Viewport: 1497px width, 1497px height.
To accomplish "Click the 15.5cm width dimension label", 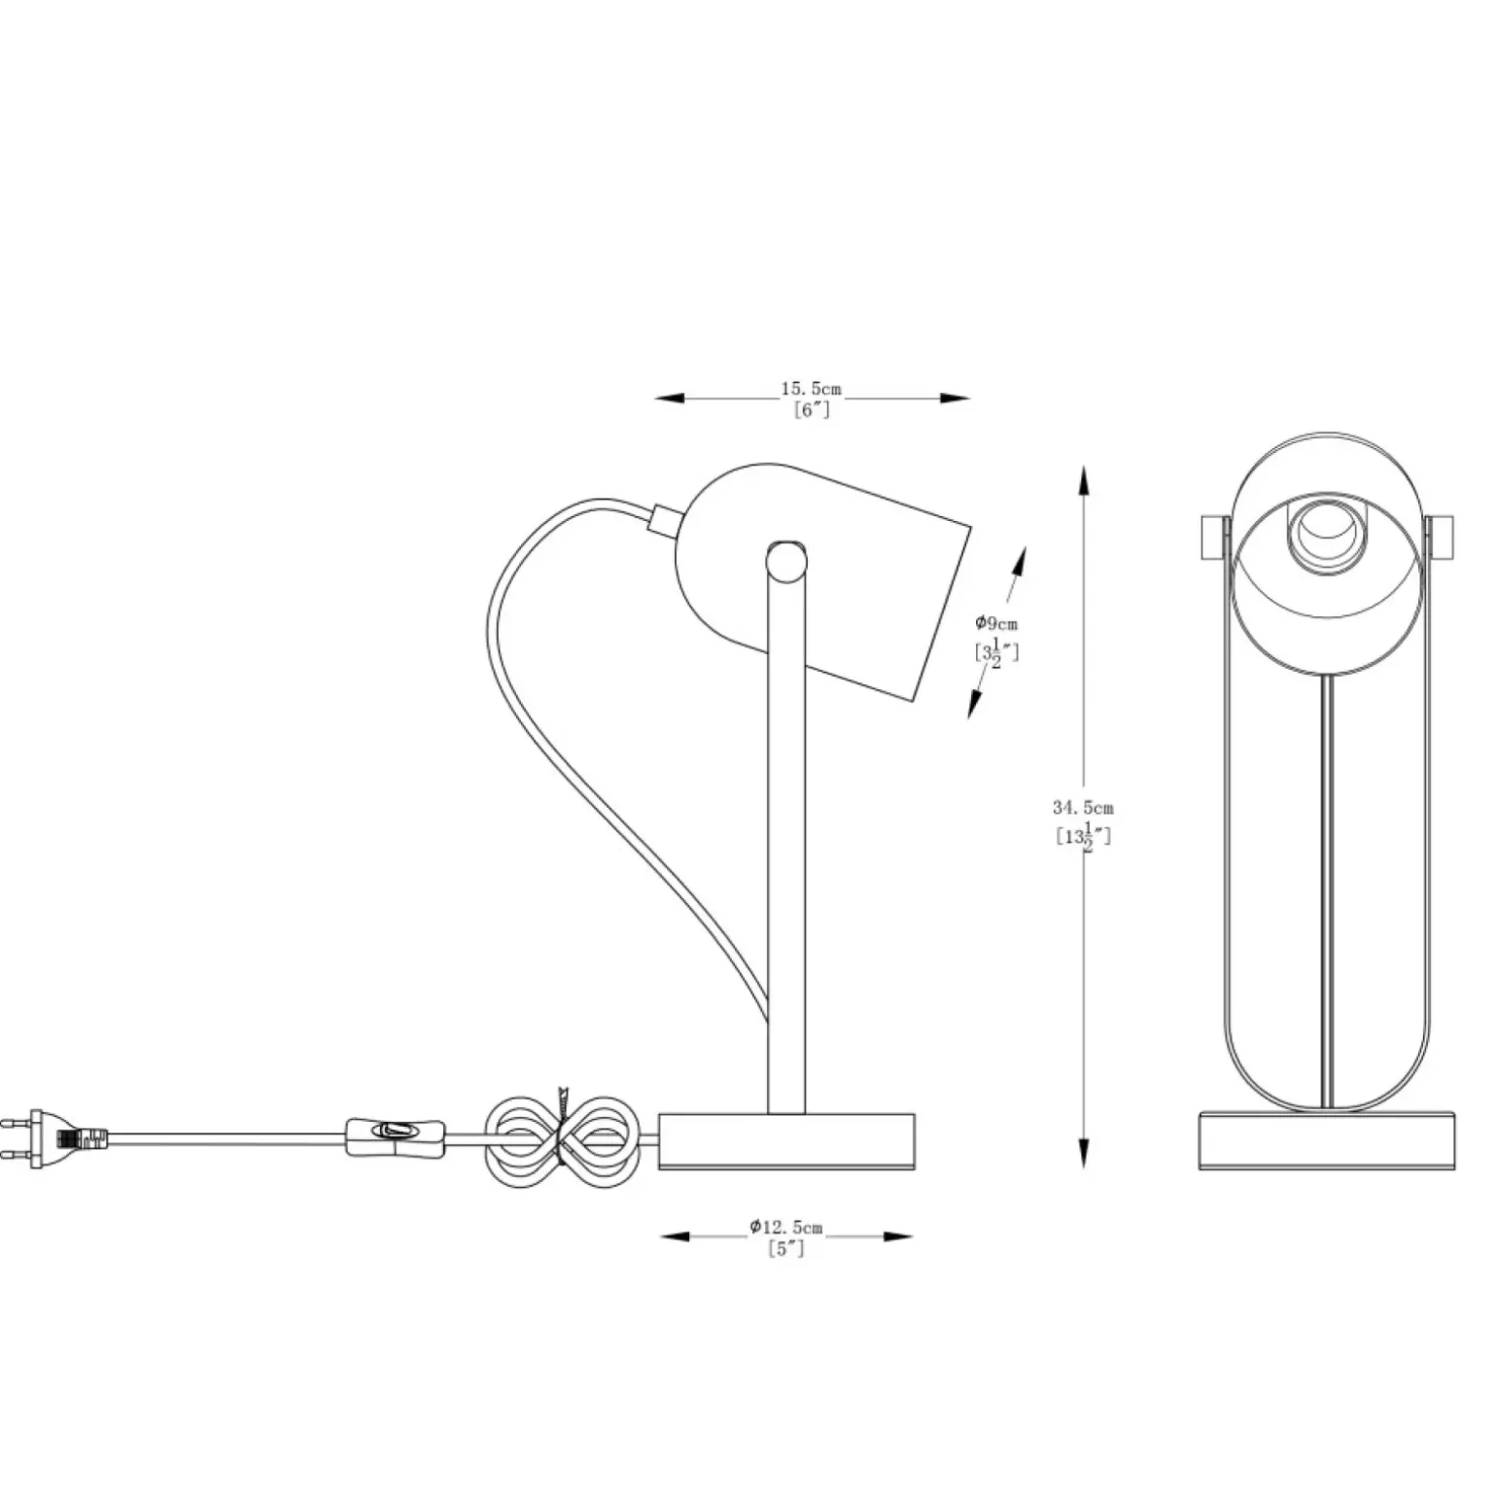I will point(811,390).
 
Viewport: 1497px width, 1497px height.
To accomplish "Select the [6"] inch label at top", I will point(812,409).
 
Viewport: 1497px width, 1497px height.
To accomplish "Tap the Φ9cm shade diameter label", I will point(996,623).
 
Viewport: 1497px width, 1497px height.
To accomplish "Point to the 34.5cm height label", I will point(1083,807).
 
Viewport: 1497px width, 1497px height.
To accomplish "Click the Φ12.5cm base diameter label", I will point(785,1228).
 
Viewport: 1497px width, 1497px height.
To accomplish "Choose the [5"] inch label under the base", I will point(786,1249).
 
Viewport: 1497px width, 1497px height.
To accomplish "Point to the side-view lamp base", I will point(786,1141).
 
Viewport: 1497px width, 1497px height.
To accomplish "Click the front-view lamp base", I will point(1327,1141).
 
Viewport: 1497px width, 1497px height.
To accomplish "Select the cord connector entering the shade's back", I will point(665,518).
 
